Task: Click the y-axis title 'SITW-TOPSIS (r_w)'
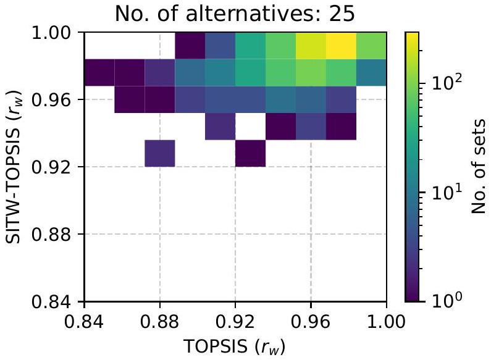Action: pyautogui.click(x=16, y=167)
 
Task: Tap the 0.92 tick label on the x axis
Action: pyautogui.click(x=235, y=321)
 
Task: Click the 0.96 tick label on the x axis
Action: pyautogui.click(x=311, y=321)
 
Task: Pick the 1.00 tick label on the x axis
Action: pyautogui.click(x=386, y=321)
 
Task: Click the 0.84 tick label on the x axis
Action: pyautogui.click(x=84, y=321)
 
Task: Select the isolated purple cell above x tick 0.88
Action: pyautogui.click(x=160, y=153)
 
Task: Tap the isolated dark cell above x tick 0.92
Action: pyautogui.click(x=250, y=153)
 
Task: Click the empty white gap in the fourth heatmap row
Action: pyautogui.click(x=250, y=126)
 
